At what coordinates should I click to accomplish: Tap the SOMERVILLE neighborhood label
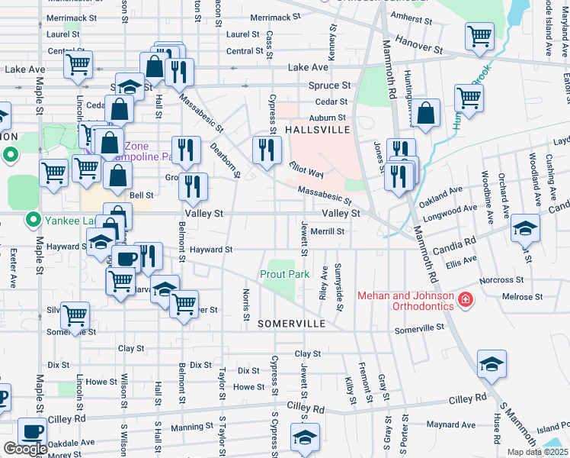pyautogui.click(x=292, y=324)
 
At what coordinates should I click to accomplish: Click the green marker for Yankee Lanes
pyautogui.click(x=32, y=221)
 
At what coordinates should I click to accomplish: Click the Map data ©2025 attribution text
pyautogui.click(x=538, y=452)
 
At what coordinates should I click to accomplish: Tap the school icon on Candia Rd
pyautogui.click(x=526, y=227)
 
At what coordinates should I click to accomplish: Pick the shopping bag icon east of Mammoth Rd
pyautogui.click(x=427, y=114)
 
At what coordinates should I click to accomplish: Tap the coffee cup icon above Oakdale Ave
pyautogui.click(x=31, y=432)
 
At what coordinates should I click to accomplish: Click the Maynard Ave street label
pyautogui.click(x=451, y=424)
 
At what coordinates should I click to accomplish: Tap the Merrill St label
pyautogui.click(x=328, y=231)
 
